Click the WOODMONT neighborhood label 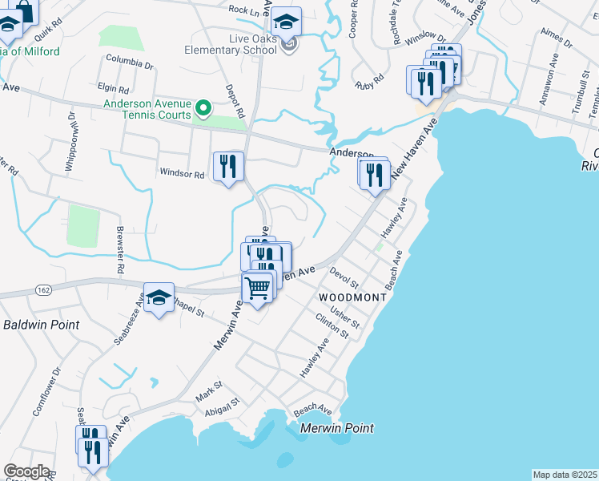coord(352,297)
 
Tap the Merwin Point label coord(336,428)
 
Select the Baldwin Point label coord(41,325)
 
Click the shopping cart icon coord(257,287)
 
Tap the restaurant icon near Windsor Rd coord(228,167)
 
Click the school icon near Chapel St coord(159,297)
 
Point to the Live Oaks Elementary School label coord(231,44)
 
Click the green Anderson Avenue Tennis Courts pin coord(203,107)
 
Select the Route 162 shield coord(43,289)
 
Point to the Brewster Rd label coord(120,257)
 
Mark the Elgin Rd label coord(113,89)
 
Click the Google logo coord(26,471)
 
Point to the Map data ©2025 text coord(565,475)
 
